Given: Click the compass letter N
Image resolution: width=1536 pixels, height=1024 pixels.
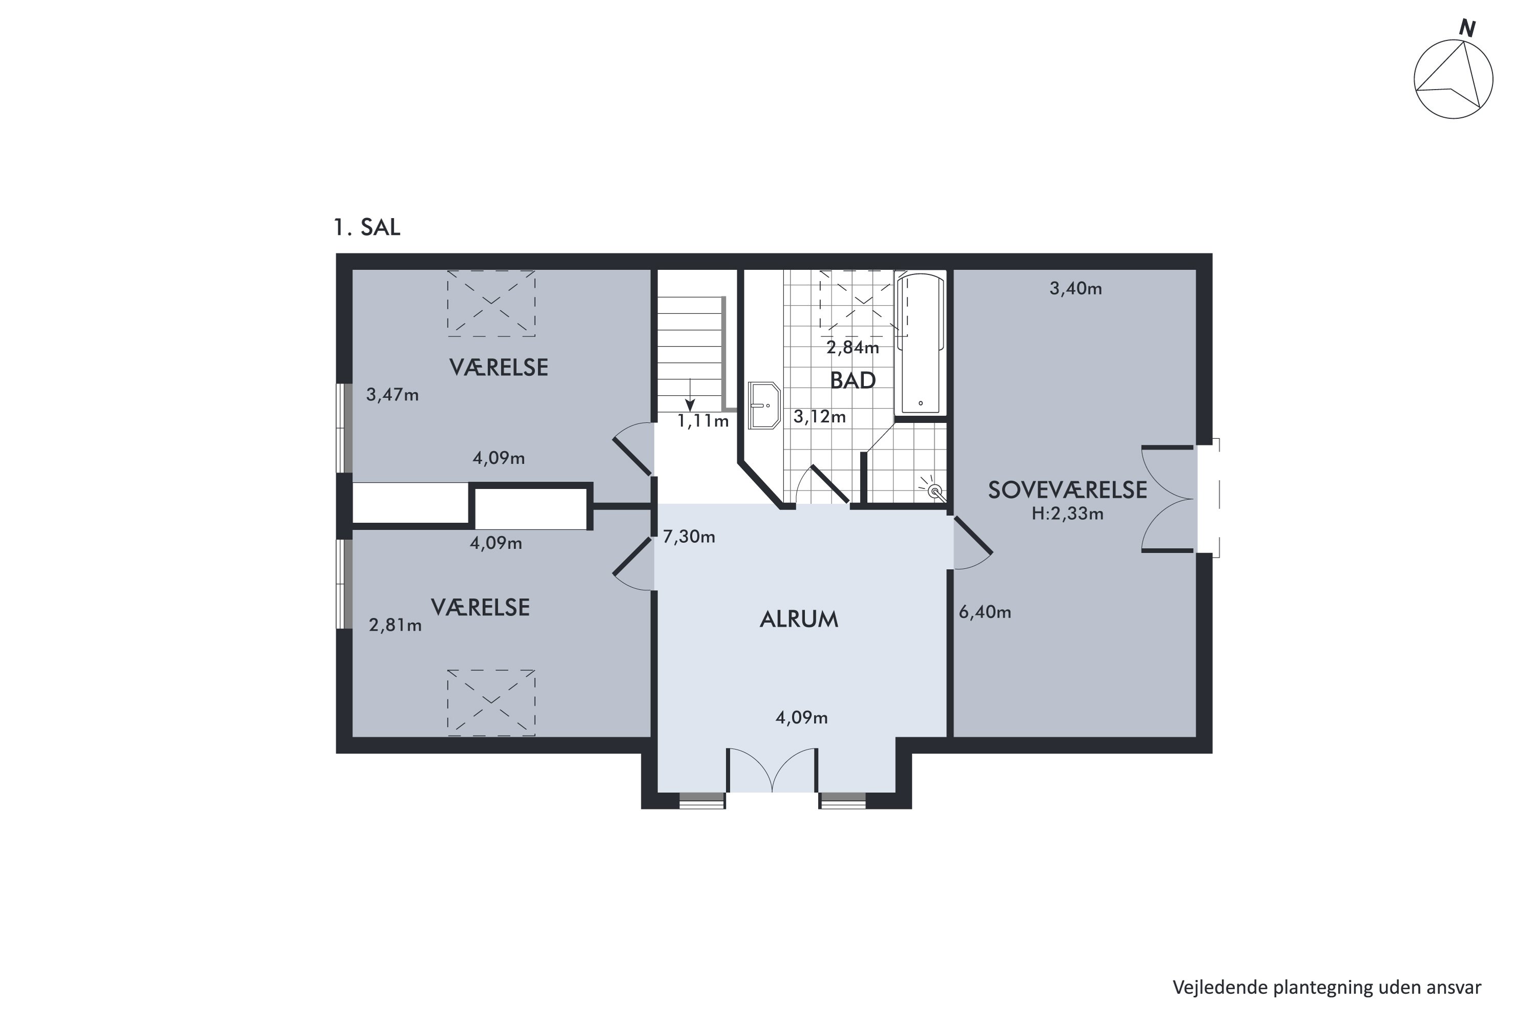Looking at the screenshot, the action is pyautogui.click(x=1467, y=29).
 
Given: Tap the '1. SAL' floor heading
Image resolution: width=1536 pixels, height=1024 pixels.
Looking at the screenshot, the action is pyautogui.click(x=367, y=227).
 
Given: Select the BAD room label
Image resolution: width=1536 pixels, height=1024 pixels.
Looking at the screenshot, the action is pyautogui.click(x=852, y=380).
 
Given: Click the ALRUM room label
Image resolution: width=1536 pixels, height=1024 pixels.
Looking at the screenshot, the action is pyautogui.click(x=799, y=619).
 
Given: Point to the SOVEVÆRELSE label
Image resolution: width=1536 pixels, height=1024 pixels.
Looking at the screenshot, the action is pyautogui.click(x=1067, y=490).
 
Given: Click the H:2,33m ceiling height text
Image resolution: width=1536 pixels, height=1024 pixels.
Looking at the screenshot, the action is pyautogui.click(x=1068, y=514).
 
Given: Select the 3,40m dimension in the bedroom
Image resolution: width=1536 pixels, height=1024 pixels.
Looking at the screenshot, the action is pyautogui.click(x=1076, y=289).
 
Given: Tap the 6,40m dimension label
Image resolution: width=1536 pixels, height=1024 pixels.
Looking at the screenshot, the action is pyautogui.click(x=985, y=612).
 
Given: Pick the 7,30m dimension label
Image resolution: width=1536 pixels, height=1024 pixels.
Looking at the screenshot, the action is pyautogui.click(x=689, y=537).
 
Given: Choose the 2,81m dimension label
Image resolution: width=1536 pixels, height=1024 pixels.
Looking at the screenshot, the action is pyautogui.click(x=395, y=626).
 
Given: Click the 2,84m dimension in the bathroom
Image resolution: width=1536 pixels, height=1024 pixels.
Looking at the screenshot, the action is pyautogui.click(x=853, y=348).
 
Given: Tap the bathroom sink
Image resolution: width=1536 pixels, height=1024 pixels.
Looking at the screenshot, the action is pyautogui.click(x=764, y=406).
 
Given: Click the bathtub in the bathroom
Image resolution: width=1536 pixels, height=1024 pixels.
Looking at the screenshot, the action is pyautogui.click(x=921, y=344).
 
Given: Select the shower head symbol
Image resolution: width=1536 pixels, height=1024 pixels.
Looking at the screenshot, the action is pyautogui.click(x=934, y=490).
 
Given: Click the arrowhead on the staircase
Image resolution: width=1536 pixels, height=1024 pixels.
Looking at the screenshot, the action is pyautogui.click(x=690, y=406).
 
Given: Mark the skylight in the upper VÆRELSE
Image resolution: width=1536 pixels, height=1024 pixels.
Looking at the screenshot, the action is pyautogui.click(x=491, y=304).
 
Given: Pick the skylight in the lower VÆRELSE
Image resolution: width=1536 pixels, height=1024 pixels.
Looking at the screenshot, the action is pyautogui.click(x=491, y=702).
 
